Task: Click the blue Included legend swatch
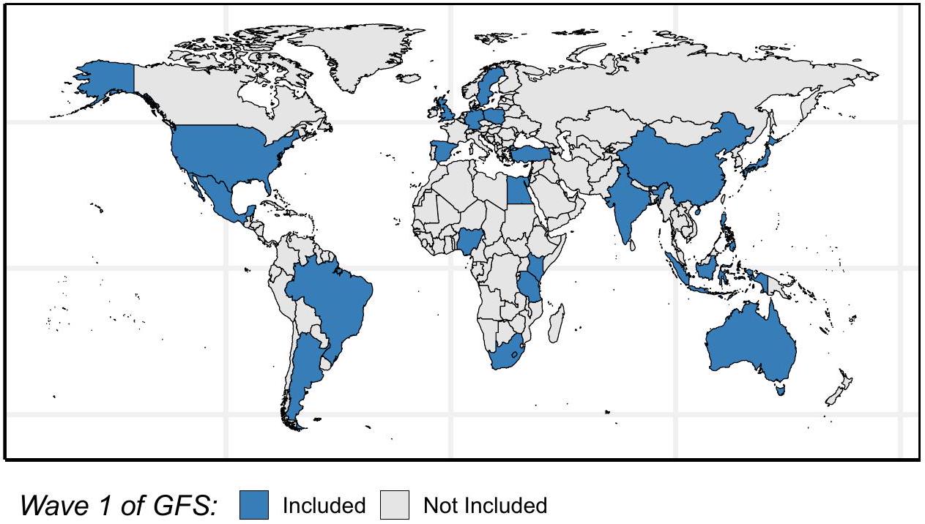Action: pos(253,505)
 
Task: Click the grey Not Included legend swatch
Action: pos(395,505)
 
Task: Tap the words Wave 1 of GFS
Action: pos(119,505)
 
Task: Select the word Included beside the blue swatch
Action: pos(324,505)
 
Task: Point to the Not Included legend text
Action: pos(485,505)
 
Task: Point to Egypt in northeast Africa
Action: pos(517,192)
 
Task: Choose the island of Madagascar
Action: pos(556,322)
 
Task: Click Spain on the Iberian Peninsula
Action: pos(442,151)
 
